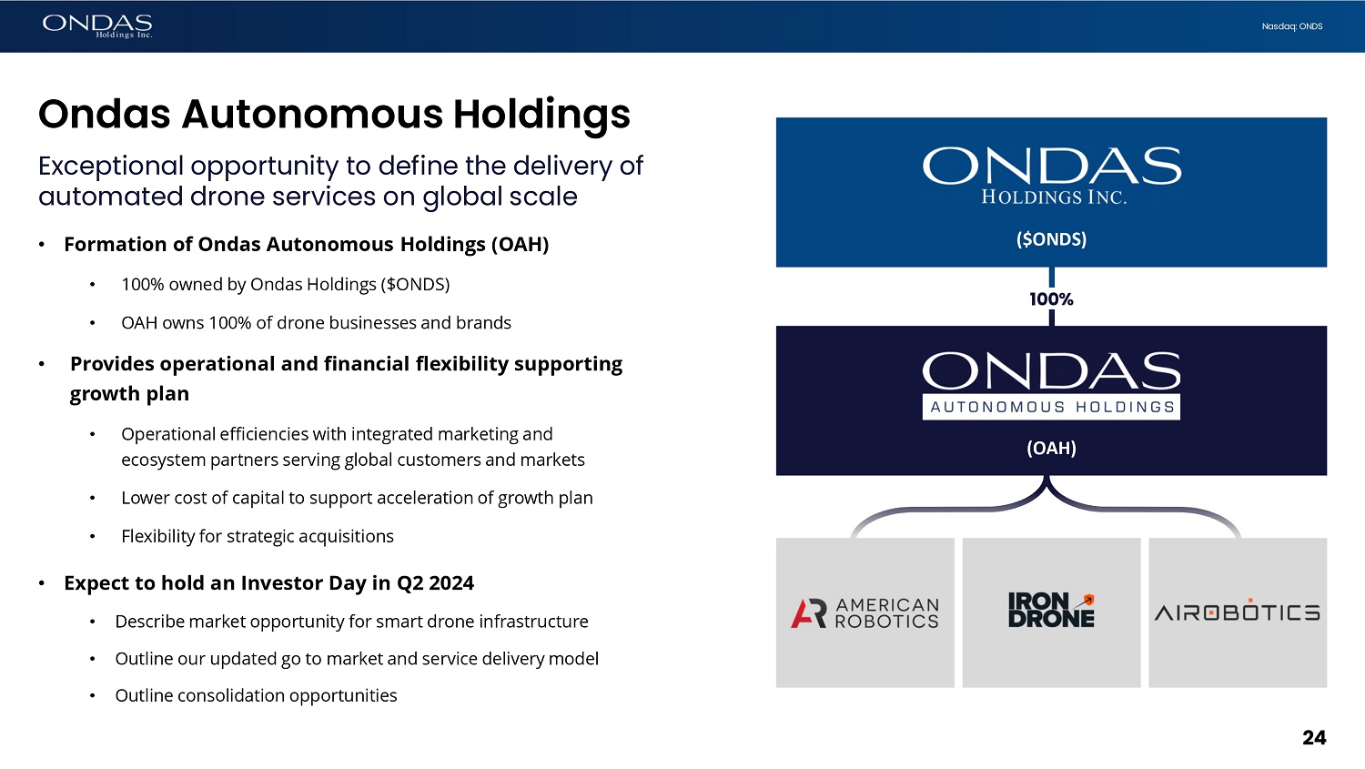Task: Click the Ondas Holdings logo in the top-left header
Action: click(96, 25)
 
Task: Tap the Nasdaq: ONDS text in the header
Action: click(1291, 26)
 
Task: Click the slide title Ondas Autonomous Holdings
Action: click(334, 114)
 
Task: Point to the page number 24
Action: click(1313, 737)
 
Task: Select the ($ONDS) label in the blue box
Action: click(1051, 239)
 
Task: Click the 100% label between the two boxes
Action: click(1051, 298)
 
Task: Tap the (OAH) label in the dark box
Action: click(1051, 448)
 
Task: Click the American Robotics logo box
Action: click(864, 612)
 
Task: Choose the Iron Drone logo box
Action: click(1051, 612)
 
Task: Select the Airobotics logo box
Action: click(1238, 612)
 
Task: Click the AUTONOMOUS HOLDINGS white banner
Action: click(1051, 407)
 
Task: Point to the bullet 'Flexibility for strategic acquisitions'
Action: click(257, 536)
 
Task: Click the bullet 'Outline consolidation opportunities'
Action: click(256, 695)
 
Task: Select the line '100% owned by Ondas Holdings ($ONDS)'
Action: click(285, 284)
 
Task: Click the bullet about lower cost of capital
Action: click(357, 498)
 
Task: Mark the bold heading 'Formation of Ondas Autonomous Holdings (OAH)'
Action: click(306, 244)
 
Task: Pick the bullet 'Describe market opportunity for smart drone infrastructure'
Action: click(351, 622)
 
